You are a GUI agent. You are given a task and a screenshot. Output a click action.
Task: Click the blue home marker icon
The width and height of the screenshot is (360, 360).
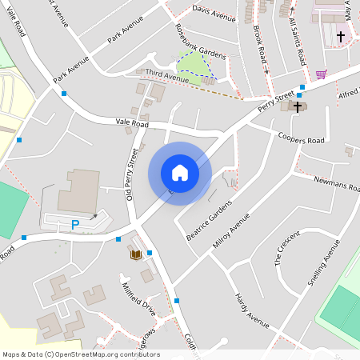[180, 173]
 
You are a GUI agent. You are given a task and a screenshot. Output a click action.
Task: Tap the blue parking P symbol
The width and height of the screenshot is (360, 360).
[76, 225]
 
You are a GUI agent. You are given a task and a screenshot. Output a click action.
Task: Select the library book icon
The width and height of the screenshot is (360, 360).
[136, 254]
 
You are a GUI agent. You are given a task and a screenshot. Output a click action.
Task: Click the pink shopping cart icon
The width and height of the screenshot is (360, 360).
[321, 74]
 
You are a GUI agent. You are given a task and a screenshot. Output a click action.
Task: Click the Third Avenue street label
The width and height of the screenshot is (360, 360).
[166, 77]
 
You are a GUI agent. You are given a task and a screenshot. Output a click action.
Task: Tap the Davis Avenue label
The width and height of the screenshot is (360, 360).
[214, 14]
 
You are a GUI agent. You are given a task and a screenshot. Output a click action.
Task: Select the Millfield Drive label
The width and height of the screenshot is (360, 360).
[138, 296]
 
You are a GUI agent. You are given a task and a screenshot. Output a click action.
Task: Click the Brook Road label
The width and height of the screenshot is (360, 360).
[259, 46]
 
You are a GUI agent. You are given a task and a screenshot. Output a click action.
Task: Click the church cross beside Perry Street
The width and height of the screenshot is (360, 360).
[298, 106]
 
